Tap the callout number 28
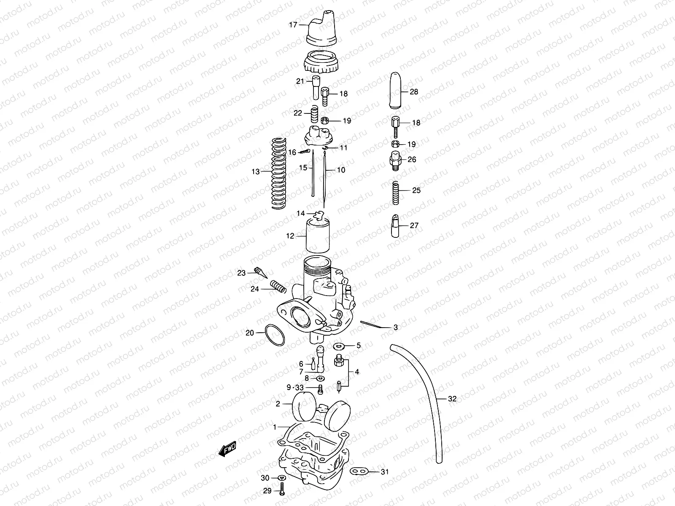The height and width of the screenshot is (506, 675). (414, 92)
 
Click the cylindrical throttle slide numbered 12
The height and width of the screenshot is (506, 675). (317, 236)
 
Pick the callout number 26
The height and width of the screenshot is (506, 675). (412, 159)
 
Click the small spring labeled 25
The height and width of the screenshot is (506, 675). (396, 192)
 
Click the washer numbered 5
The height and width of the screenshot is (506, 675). (338, 346)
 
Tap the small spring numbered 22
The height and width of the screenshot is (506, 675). (313, 113)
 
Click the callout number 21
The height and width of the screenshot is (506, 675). (300, 81)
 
